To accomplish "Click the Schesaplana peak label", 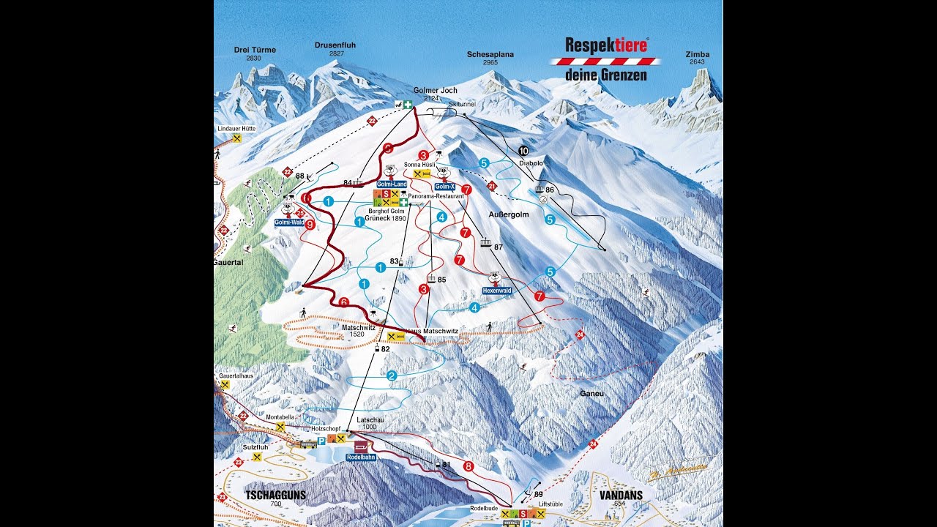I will (490, 54).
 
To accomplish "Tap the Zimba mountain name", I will (698, 54).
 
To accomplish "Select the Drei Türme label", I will (255, 50).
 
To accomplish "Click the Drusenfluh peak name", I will (335, 45).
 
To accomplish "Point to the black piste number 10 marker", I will (523, 151).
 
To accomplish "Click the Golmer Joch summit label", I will (435, 91).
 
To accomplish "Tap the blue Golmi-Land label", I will (392, 184).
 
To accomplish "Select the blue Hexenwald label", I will (496, 291).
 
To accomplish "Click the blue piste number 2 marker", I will (392, 375).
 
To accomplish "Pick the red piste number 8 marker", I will (468, 466).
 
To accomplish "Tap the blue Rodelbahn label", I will (360, 457).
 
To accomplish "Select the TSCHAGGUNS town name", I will (271, 496).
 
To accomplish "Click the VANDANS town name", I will (621, 496).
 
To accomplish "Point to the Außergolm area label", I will (508, 214).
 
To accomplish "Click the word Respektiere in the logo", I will (606, 45).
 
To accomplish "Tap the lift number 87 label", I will (499, 247).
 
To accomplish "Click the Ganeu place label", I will (591, 393).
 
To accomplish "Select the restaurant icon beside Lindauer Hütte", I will (236, 138).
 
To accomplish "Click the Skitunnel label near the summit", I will (461, 105).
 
